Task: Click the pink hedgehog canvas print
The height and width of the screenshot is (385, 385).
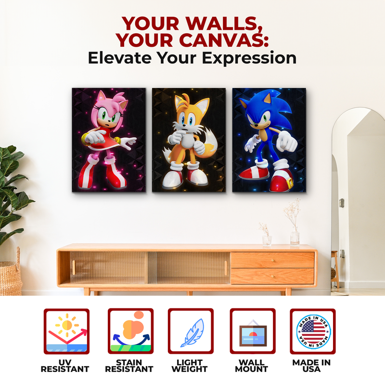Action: (108, 140)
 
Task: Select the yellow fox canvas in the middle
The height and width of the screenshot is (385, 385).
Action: (189, 140)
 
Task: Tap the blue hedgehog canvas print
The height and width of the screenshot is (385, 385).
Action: (269, 140)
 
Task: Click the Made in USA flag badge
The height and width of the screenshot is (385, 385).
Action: (313, 331)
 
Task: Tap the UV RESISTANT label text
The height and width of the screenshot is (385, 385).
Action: (65, 366)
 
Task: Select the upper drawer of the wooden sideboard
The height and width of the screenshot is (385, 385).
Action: (272, 260)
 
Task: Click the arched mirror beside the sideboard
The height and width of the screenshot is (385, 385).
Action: (359, 202)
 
